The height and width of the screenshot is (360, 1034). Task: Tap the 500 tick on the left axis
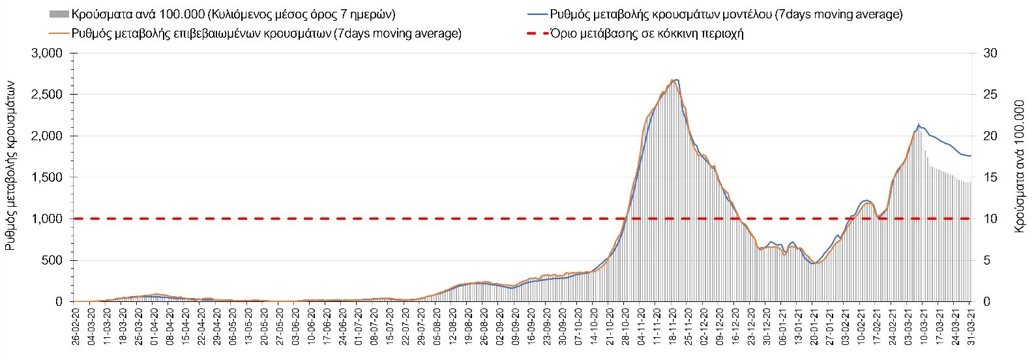[53, 260]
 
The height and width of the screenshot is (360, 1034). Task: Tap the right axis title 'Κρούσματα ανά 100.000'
[1020, 177]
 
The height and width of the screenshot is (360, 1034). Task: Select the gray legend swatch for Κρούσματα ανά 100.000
[57, 14]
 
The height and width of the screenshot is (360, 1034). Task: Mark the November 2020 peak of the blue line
[676, 80]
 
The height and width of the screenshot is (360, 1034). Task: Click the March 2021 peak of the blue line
[919, 124]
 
